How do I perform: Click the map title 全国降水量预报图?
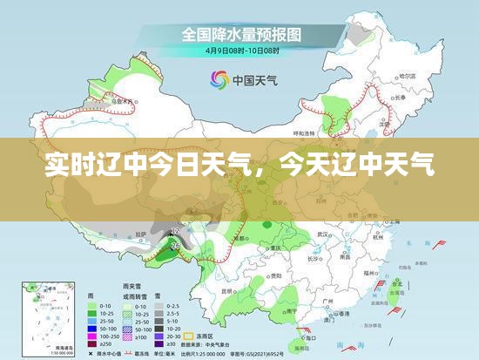pyautogui.click(x=241, y=35)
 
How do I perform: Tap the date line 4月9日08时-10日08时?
pyautogui.click(x=241, y=51)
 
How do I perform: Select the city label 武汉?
pyautogui.click(x=322, y=234)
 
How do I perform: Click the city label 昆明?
pyautogui.click(x=228, y=290)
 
